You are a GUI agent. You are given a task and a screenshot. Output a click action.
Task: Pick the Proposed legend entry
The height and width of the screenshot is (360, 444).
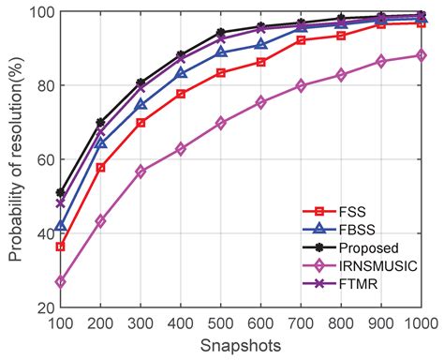click(x=360, y=248)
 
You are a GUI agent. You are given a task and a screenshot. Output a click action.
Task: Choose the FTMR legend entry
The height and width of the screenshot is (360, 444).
click(x=350, y=286)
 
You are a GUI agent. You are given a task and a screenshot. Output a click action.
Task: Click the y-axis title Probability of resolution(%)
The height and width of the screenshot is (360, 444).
click(x=17, y=158)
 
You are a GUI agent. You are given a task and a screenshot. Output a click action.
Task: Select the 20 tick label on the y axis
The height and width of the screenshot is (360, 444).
click(x=39, y=307)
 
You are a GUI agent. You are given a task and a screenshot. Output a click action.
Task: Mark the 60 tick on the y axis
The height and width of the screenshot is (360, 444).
click(x=39, y=159)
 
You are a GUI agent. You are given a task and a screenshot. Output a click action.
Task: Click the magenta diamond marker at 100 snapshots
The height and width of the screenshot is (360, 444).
click(x=61, y=281)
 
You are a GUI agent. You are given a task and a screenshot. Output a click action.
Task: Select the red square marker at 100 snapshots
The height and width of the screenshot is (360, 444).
click(x=61, y=247)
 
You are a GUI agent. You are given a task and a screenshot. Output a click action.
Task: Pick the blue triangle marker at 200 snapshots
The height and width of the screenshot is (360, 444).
click(x=100, y=143)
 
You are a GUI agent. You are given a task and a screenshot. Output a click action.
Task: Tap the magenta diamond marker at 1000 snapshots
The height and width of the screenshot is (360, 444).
click(x=421, y=55)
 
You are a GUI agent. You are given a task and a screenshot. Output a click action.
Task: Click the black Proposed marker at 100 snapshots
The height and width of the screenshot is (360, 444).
click(x=61, y=192)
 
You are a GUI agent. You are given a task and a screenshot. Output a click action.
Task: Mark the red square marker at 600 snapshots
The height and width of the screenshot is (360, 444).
click(x=260, y=62)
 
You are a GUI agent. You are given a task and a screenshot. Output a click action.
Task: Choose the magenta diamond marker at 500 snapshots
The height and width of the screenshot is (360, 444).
click(x=221, y=123)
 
